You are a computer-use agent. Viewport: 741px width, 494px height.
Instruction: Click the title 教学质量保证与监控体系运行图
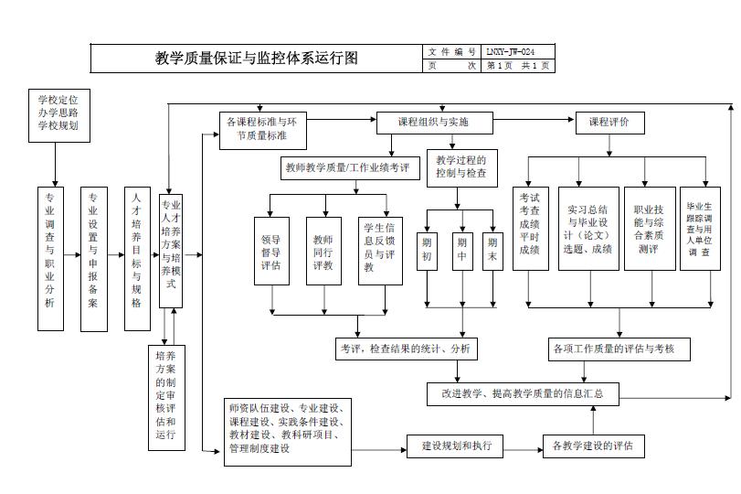point(257,59)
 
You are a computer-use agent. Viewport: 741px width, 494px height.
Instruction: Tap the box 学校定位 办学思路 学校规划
point(58,112)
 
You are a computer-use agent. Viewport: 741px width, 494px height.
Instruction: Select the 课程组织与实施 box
point(434,122)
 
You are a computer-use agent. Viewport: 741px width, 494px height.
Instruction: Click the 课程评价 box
point(609,122)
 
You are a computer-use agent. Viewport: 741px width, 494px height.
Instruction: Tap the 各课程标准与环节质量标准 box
point(261,129)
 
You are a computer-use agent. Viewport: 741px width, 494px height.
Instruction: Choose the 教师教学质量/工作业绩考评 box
point(345,168)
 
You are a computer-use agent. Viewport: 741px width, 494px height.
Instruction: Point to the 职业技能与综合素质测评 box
point(649,229)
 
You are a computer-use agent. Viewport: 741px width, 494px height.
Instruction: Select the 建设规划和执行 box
point(456,446)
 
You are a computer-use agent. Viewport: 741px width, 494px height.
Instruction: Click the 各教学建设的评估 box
point(593,446)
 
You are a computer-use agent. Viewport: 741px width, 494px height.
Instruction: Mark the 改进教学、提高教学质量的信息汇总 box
point(524,394)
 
